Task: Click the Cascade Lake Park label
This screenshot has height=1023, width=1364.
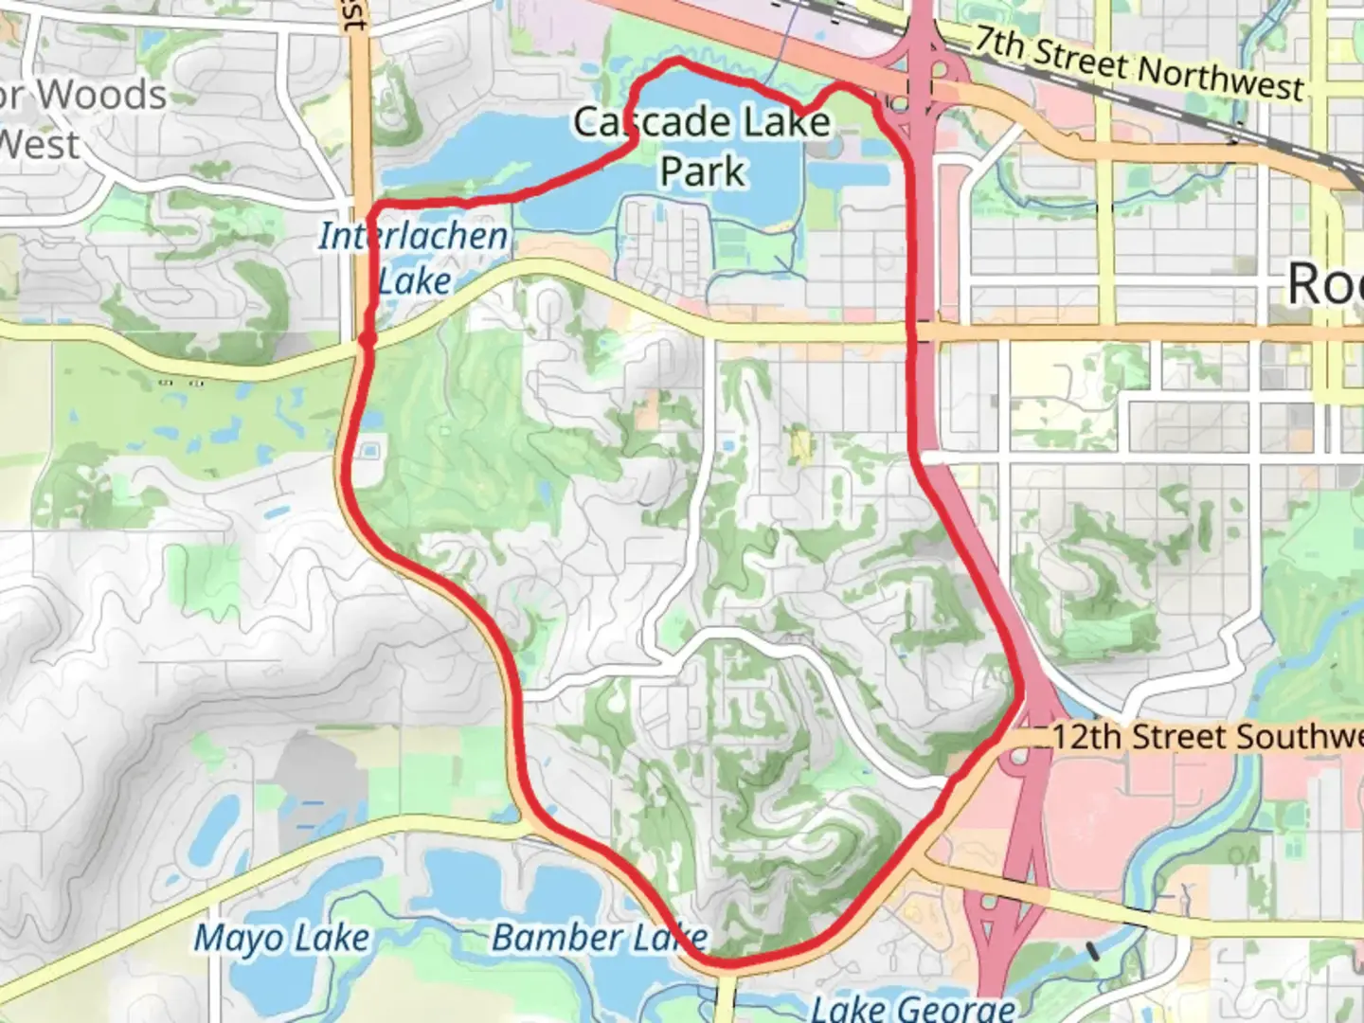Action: (x=703, y=146)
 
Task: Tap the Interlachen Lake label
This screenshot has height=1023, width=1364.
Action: (x=413, y=258)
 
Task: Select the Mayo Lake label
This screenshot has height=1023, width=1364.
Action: (x=281, y=938)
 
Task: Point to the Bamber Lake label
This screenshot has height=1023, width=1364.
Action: (x=599, y=938)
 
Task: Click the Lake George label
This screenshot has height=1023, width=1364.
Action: (x=913, y=1008)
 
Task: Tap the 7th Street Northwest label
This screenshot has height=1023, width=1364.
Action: (x=1139, y=64)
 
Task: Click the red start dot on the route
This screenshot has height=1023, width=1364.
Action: (x=368, y=337)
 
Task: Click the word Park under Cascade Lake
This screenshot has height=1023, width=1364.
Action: (x=703, y=171)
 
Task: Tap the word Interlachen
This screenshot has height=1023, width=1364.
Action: (x=413, y=236)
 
